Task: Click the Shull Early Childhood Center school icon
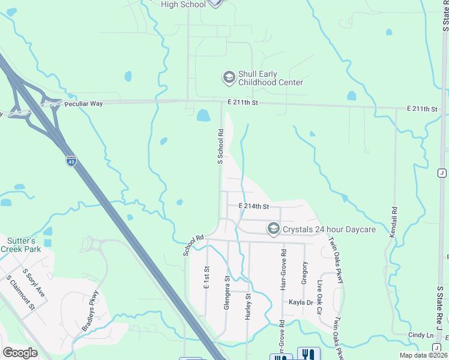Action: (x=228, y=77)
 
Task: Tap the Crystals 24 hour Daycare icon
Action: (x=274, y=229)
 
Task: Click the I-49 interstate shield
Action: (x=71, y=161)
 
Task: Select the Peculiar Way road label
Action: (x=84, y=104)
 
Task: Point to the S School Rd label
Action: (x=220, y=146)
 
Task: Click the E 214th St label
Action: (x=253, y=206)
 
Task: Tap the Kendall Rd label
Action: (x=394, y=223)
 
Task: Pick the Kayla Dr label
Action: (x=301, y=302)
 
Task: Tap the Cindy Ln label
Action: (x=421, y=335)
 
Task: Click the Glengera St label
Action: (x=227, y=293)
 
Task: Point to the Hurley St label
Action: (x=247, y=306)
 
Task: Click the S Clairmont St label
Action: (x=20, y=293)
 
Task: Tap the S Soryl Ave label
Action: (x=34, y=282)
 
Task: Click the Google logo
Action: (x=20, y=353)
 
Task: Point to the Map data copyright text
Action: (x=423, y=355)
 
